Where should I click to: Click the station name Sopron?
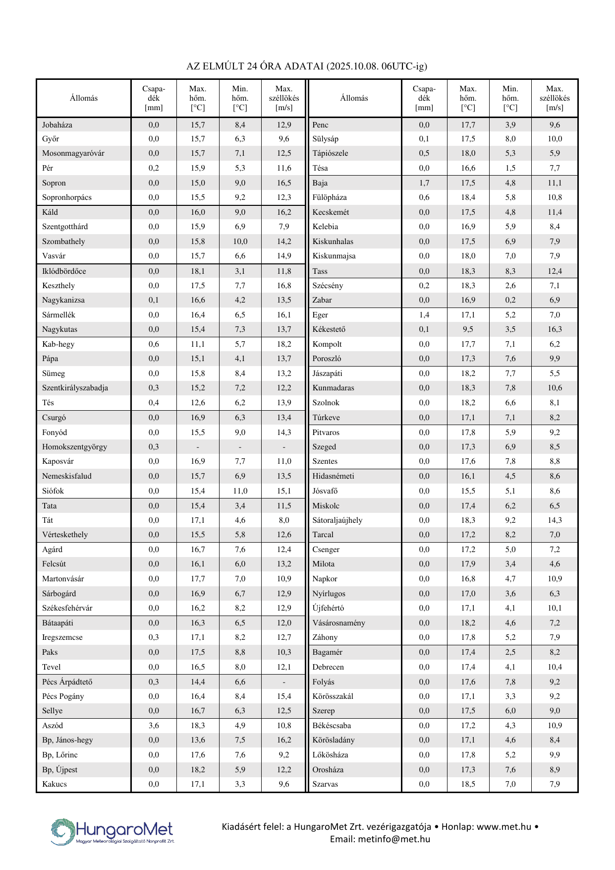pos(54,183)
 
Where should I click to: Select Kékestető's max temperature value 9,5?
pos(468,329)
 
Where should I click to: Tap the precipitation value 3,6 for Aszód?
pos(154,726)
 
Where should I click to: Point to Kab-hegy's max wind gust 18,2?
pos(283,344)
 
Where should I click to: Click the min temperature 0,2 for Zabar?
pos(510,300)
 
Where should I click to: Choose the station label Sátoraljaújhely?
pos(337,520)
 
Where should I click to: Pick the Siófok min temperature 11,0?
pos(240,491)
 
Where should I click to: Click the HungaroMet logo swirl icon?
pos(62,831)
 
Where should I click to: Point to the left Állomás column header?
pos(84,98)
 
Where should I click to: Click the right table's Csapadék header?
pos(424,98)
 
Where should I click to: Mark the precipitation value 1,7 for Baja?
pos(424,183)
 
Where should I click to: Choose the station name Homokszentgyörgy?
pos(74,447)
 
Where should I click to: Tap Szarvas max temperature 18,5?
pos(468,784)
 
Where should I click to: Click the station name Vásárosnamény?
pos(338,623)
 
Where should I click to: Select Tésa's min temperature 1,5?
pos(510,168)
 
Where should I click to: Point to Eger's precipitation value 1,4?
pos(424,315)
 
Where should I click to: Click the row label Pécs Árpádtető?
pos(67,682)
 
